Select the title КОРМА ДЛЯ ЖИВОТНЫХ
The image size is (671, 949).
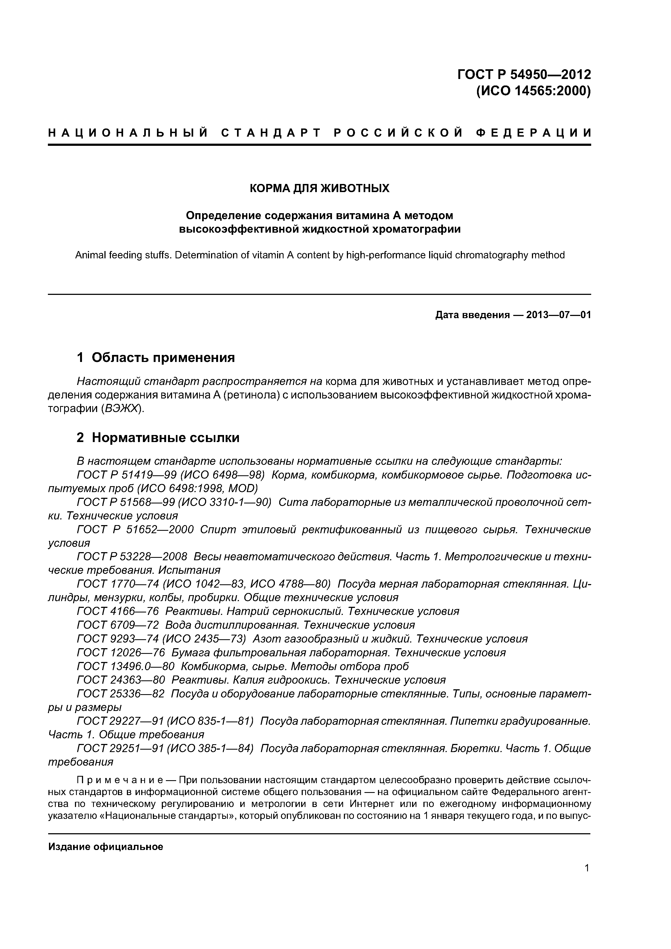tap(320, 189)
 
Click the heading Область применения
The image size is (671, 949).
tap(163, 358)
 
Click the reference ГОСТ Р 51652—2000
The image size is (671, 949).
tap(135, 529)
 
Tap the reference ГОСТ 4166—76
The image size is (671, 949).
tap(117, 611)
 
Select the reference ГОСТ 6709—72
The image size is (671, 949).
tap(117, 625)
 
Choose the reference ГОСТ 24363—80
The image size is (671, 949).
tap(121, 680)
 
